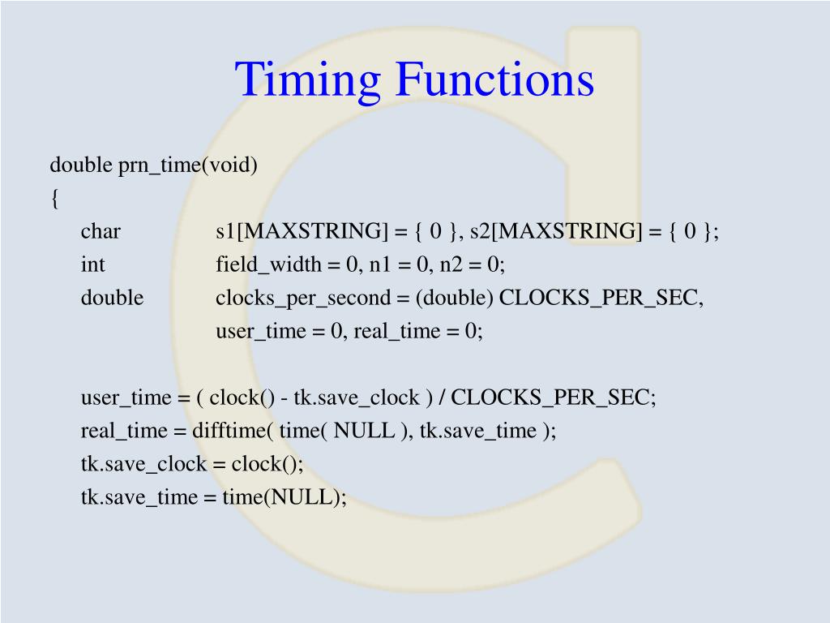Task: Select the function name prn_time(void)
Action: coord(188,165)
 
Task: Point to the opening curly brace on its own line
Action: coord(54,199)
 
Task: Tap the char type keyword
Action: coord(101,231)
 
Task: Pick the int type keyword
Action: coord(92,264)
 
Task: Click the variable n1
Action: coord(380,264)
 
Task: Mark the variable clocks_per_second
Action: coord(303,298)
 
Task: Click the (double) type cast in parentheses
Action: coord(455,298)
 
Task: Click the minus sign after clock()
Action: coord(285,397)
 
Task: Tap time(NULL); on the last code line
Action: coord(285,497)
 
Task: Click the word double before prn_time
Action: coord(80,165)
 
